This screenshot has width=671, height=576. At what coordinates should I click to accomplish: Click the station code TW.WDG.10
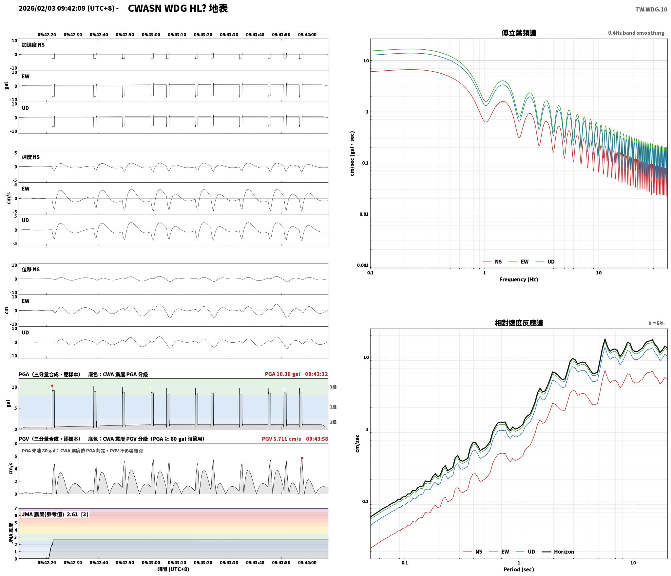[651, 9]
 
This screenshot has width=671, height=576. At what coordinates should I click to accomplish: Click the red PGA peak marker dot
[52, 386]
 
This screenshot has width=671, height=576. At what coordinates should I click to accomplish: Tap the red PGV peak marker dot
[302, 458]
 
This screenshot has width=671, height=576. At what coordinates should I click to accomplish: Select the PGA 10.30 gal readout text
[282, 374]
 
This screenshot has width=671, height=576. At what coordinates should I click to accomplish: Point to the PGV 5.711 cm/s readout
[281, 439]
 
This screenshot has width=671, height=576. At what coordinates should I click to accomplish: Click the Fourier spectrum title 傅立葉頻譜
[519, 33]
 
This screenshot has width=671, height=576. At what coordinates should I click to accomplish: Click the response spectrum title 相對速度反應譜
[519, 323]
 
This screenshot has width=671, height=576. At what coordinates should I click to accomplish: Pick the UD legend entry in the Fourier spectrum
[545, 261]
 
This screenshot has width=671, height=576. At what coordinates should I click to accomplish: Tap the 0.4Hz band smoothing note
[636, 33]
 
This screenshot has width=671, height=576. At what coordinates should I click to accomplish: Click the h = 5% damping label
[656, 323]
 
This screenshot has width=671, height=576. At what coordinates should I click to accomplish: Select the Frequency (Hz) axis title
[519, 279]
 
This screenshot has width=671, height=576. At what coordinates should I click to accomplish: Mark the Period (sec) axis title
[519, 569]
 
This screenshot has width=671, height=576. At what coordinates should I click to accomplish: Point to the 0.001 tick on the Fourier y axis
[363, 265]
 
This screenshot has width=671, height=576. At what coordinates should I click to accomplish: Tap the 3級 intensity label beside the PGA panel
[333, 387]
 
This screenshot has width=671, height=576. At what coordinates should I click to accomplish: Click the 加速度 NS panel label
[33, 45]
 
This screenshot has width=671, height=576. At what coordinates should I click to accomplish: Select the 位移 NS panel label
[31, 269]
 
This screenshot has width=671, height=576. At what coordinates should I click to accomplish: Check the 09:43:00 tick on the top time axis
[151, 35]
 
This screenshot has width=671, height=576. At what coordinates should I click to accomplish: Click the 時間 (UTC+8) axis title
[173, 569]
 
